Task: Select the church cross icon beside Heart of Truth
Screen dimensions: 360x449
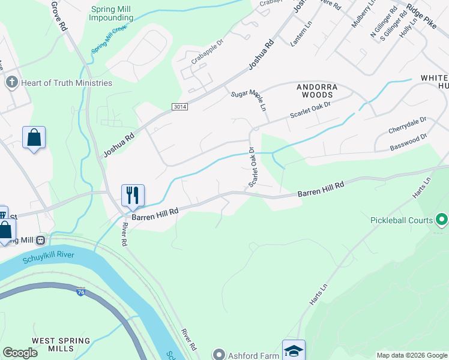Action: [x=11, y=82]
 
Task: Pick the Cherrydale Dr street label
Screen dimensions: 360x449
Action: [x=407, y=124]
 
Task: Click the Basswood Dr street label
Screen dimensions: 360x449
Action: [x=408, y=142]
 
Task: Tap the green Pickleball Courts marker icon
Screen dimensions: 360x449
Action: [x=442, y=220]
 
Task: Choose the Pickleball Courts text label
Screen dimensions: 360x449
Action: [x=402, y=220]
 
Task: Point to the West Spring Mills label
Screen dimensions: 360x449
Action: [x=61, y=344]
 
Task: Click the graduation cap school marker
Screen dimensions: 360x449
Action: [x=294, y=350]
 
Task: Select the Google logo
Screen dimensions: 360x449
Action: [x=20, y=353]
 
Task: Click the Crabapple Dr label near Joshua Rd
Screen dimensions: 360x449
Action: [x=207, y=59]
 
